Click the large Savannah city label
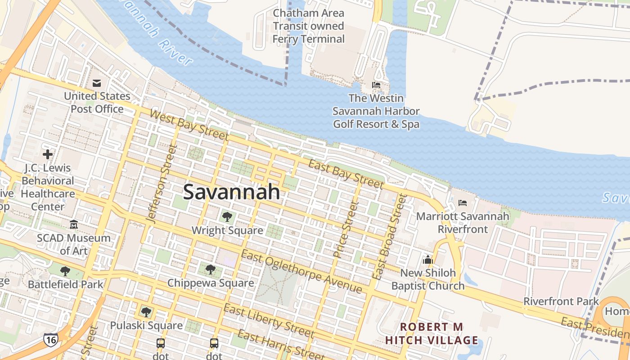231,192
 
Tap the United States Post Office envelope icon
97,83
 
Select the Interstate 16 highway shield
50,339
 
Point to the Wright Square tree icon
227,217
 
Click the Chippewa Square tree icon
210,270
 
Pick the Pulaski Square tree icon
146,312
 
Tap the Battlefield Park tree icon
65,271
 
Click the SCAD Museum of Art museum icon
74,224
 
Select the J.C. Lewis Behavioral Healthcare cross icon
48,154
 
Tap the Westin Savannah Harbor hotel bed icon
376,85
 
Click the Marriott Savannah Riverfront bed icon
463,203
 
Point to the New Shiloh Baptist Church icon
427,260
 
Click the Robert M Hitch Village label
432,333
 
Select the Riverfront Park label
561,301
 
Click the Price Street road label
345,229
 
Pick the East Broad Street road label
390,237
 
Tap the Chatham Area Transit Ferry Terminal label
309,26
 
